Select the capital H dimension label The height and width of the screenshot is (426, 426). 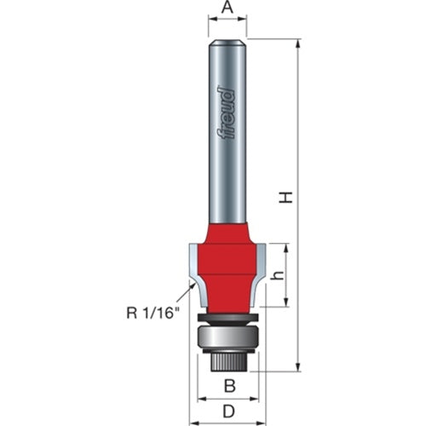287,197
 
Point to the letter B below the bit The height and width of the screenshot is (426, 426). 227,386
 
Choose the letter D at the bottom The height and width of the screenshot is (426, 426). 227,412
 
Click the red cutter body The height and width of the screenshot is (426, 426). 227,264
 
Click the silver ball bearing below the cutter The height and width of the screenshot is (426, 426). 227,337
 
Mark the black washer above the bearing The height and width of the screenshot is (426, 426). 227,319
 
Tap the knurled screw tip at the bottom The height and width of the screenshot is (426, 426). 227,360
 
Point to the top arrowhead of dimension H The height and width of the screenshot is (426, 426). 299,43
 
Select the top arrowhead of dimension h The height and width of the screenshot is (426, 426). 286,246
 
